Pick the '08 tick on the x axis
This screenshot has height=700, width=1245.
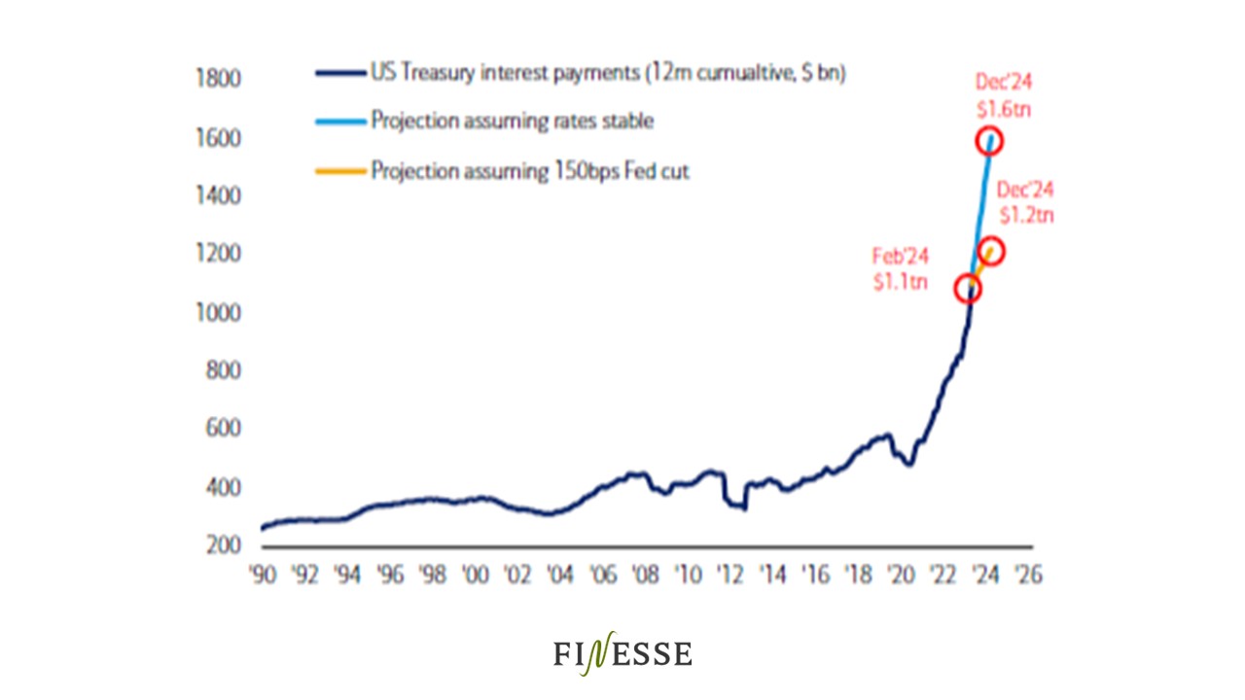coord(645,575)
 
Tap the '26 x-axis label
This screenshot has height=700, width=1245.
coord(1026,575)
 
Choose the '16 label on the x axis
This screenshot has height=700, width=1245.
coord(814,575)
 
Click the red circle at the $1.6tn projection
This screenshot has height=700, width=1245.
coord(989,141)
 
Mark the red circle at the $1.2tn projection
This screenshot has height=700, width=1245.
coord(991,252)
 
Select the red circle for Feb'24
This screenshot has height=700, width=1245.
coord(967,288)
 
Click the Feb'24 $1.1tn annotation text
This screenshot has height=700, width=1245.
coord(901,270)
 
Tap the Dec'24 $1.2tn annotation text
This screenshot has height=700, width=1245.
coord(1025,202)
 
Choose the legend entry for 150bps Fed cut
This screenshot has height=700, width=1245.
coord(530,171)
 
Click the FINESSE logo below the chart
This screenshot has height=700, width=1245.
coord(622,653)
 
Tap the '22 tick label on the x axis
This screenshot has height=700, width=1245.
coord(942,575)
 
